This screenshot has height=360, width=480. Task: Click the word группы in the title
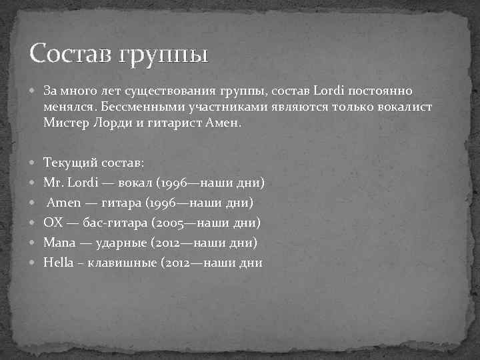click(163, 53)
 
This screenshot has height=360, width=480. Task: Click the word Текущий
click(69, 162)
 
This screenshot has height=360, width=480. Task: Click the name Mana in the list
click(58, 242)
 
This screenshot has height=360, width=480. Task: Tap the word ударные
click(111, 242)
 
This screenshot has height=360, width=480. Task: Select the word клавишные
click(122, 262)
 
